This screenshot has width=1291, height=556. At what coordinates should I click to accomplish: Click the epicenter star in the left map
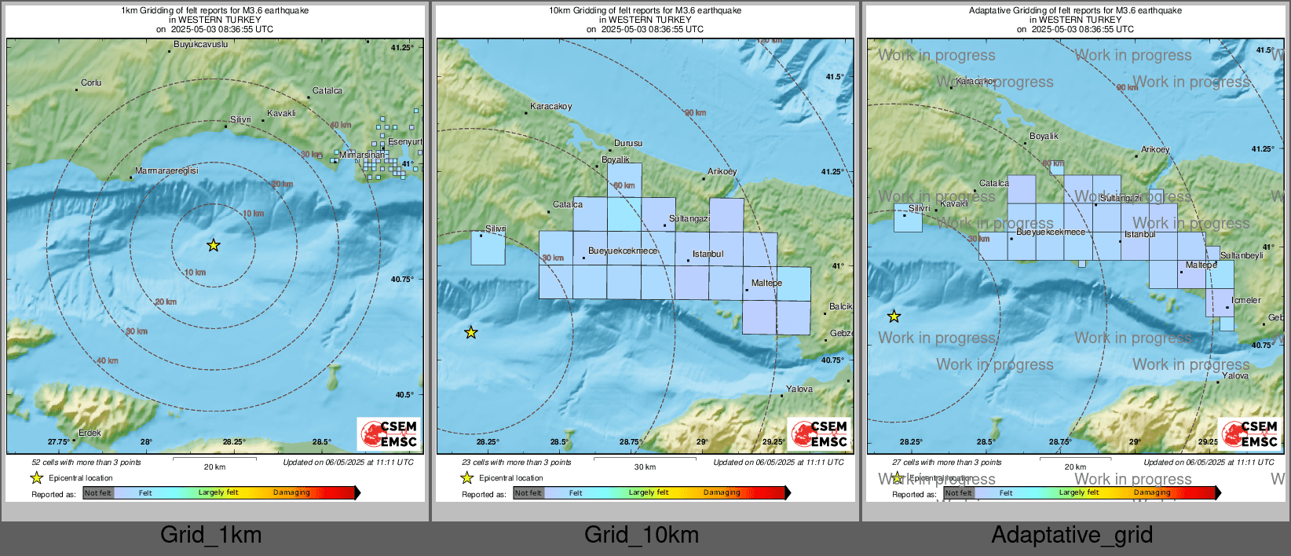click(214, 246)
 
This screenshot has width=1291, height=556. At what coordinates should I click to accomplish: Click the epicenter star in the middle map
click(471, 333)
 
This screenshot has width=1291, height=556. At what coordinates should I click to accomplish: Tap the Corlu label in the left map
click(91, 82)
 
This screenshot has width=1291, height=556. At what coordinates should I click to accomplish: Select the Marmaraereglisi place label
click(166, 170)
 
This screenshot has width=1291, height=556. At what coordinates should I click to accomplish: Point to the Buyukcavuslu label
click(200, 45)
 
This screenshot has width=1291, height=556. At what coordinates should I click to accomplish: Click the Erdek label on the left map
click(90, 433)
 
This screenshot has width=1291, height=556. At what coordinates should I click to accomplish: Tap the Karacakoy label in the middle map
click(551, 106)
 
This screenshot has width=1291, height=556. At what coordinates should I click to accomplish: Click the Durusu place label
click(628, 143)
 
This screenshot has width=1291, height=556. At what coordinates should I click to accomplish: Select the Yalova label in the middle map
click(799, 389)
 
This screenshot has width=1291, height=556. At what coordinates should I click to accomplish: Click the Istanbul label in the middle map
click(708, 254)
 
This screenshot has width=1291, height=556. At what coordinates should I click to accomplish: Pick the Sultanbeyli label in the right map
click(1242, 255)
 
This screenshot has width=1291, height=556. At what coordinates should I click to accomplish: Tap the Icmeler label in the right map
click(1246, 300)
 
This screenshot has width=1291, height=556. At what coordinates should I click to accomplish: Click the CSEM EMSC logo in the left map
click(389, 433)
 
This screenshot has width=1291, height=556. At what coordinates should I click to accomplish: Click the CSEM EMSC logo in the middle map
click(819, 433)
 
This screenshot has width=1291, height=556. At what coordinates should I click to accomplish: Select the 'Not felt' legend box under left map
click(98, 493)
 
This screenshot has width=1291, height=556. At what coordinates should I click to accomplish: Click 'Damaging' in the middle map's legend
click(722, 493)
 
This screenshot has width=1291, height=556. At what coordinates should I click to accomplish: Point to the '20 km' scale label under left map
click(214, 466)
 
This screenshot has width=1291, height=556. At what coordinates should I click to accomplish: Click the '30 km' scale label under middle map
click(645, 466)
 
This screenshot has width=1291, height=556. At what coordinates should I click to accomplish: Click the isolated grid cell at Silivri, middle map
click(488, 248)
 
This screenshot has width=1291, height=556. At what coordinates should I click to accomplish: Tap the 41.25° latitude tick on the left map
click(401, 48)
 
